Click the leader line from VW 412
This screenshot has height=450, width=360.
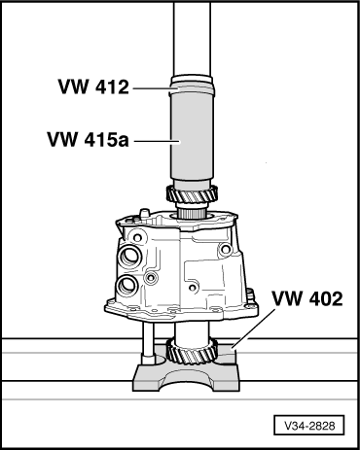pos(151,87)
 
